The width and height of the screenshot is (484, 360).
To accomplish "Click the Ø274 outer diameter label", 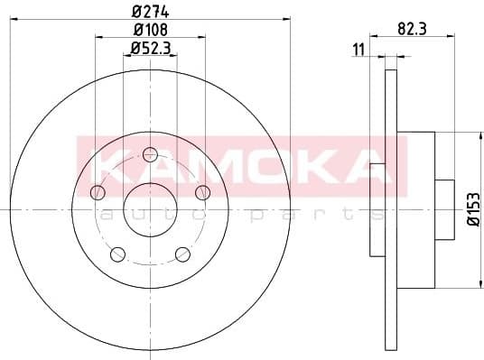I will coord(149,12).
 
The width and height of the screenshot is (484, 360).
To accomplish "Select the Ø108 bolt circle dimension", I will coord(149,31).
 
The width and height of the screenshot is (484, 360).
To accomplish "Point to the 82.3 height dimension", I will coord(412,30).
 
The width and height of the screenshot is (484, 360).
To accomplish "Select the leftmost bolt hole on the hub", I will coord(97,190).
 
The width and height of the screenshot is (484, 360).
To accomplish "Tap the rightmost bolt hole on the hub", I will coord(202,190).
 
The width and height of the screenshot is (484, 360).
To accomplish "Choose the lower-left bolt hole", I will coord(116,253).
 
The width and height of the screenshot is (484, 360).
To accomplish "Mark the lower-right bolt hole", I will coord(182,253).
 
